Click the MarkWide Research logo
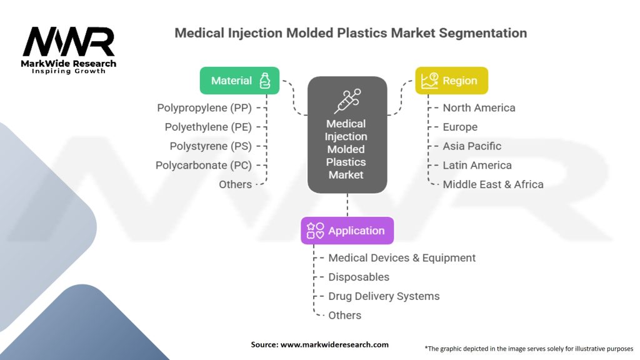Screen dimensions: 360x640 [69, 49]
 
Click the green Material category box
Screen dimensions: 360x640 [239, 81]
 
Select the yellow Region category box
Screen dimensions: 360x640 [451, 81]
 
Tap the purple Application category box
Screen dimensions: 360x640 [347, 231]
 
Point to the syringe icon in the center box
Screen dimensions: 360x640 [347, 101]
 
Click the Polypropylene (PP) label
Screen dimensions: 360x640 [204, 107]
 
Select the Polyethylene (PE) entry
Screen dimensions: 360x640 [208, 127]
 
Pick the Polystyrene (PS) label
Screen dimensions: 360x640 [211, 146]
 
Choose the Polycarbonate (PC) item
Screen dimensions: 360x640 [204, 165]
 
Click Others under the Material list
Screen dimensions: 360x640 [235, 184]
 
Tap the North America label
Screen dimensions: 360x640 [479, 107]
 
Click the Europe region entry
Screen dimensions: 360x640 [460, 127]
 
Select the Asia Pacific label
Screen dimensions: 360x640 [472, 146]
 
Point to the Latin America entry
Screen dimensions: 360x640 [477, 165]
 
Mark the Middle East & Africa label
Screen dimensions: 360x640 [493, 184]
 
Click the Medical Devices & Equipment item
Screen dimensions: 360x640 [402, 257]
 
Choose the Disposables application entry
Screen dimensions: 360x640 [359, 277]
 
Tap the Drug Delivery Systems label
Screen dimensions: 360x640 [384, 296]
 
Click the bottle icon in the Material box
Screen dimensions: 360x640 [265, 81]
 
